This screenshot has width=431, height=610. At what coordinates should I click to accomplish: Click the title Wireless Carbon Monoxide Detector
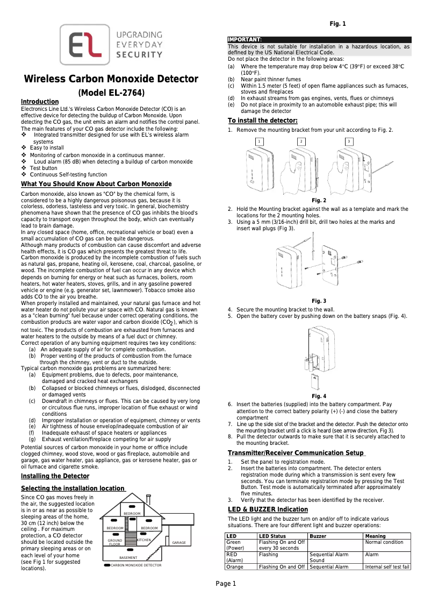click(x=111, y=79)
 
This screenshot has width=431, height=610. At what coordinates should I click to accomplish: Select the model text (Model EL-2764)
click(x=111, y=93)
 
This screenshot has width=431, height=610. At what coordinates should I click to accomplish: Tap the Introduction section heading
click(x=39, y=102)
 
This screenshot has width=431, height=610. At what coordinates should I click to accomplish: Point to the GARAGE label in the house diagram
click(x=179, y=543)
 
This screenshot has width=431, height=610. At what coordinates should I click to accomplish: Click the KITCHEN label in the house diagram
click(x=144, y=540)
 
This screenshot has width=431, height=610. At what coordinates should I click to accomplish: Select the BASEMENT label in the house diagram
click(x=128, y=558)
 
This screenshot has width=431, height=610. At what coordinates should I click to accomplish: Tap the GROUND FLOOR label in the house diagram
click(x=115, y=542)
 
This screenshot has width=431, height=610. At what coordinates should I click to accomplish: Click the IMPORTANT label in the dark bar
click(x=245, y=40)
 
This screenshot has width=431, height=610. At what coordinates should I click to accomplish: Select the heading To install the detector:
click(x=262, y=120)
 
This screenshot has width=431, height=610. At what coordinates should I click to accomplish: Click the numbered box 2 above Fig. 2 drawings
click(x=301, y=141)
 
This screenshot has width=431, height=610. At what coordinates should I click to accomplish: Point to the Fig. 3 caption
click(x=319, y=301)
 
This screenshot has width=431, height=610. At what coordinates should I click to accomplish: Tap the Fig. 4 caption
click(x=319, y=396)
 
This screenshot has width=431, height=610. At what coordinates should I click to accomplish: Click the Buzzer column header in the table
click(x=318, y=536)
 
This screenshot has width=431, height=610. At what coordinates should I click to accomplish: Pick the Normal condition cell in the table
click(x=384, y=542)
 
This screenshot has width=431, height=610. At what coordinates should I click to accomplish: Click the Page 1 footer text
click(x=226, y=584)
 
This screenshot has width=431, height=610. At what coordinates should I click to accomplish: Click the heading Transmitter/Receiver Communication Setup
click(x=296, y=453)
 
